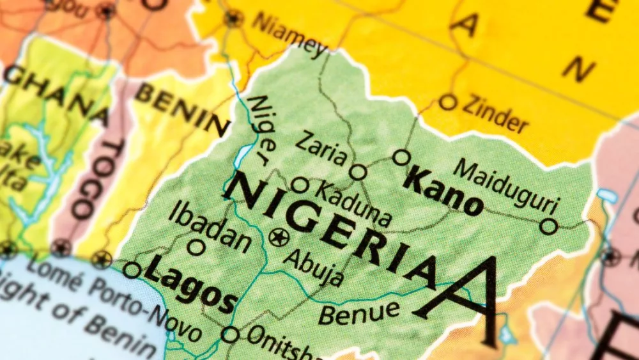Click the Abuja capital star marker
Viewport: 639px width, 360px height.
point(279,238)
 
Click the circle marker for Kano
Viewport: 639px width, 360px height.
point(401,157)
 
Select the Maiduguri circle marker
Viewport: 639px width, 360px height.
point(548,226)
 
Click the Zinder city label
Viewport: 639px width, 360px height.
point(495,114)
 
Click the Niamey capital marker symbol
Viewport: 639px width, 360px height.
point(233,18)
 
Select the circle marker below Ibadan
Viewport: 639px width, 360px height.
point(196,247)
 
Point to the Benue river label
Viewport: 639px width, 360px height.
point(358,312)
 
